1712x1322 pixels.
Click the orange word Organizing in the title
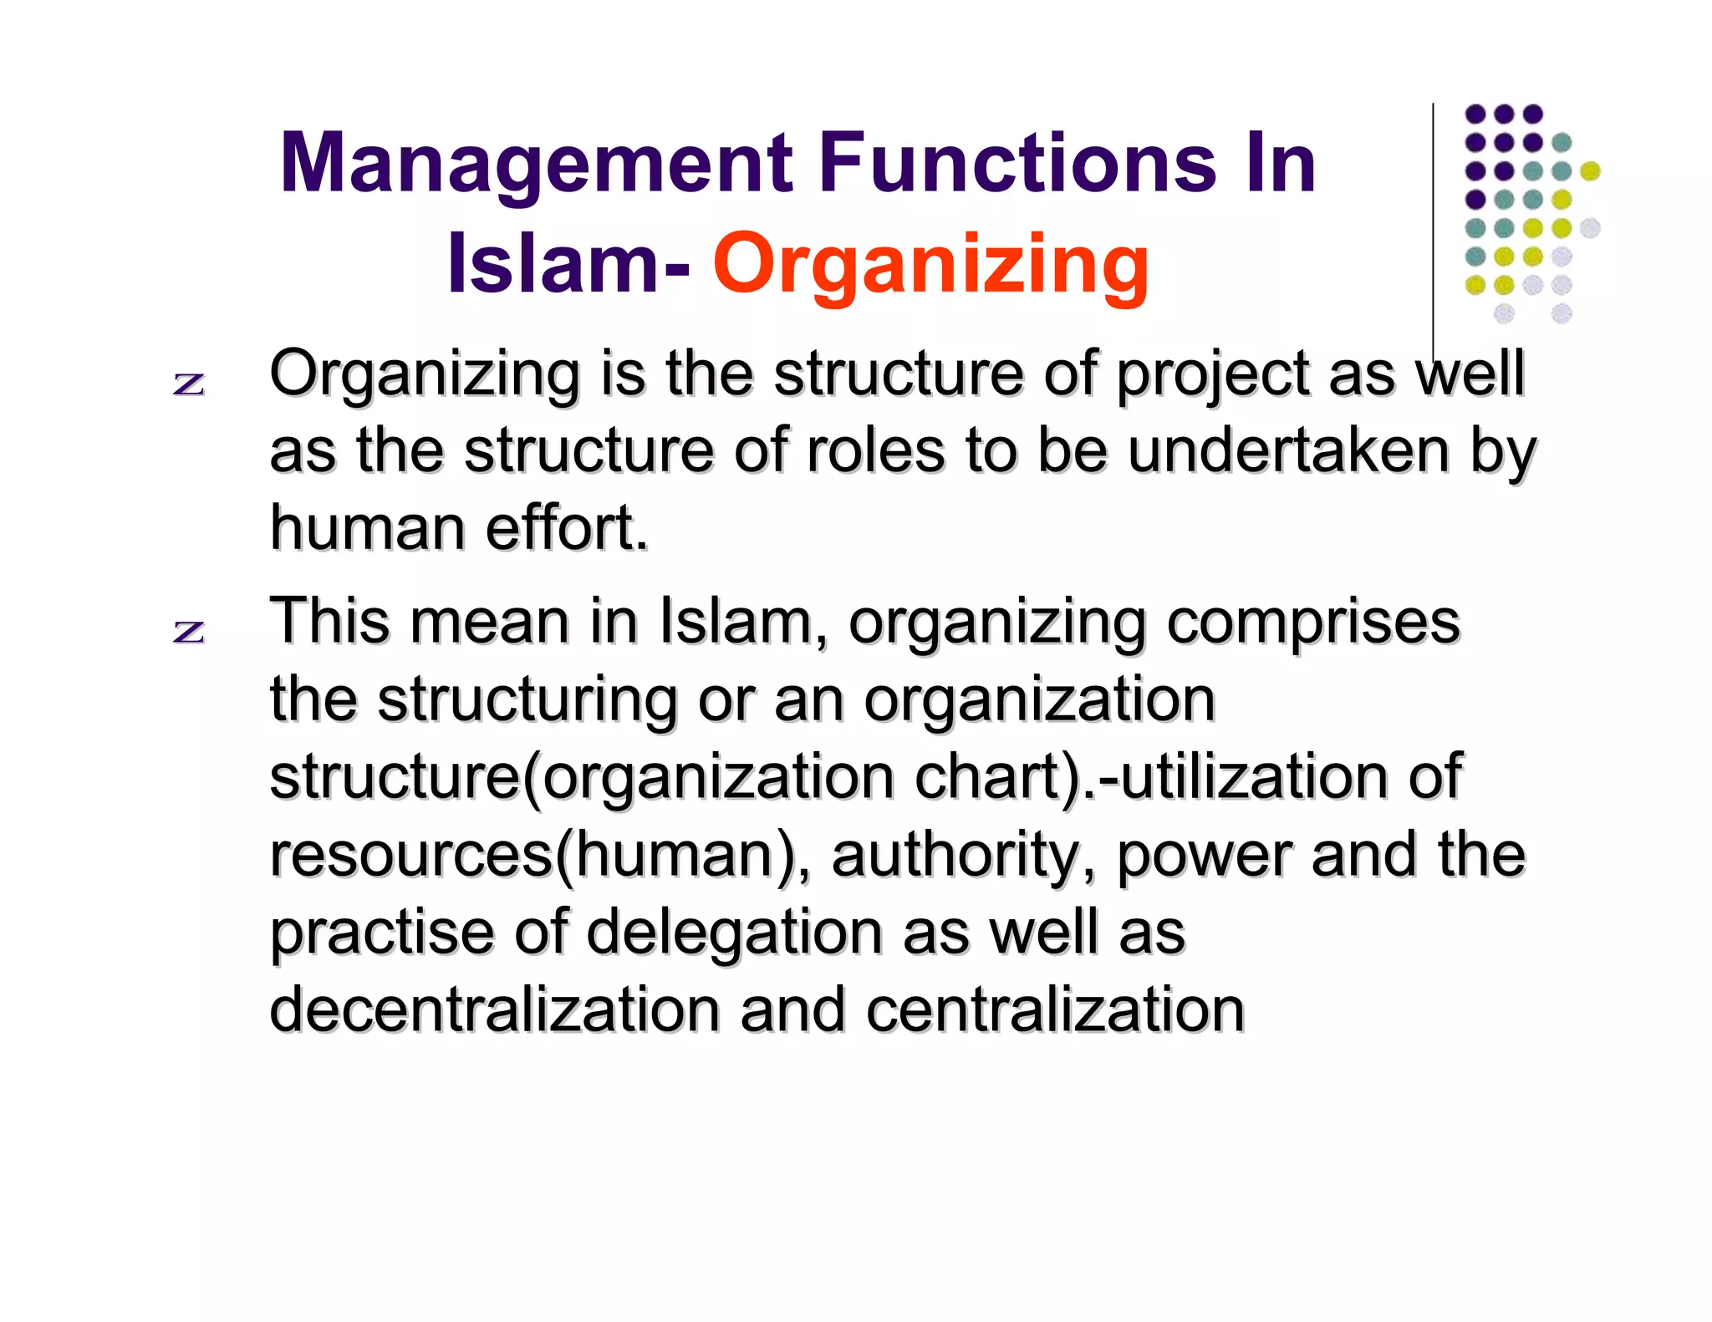point(930,264)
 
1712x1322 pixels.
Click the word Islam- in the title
point(568,264)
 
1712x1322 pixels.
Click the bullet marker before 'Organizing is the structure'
point(189,384)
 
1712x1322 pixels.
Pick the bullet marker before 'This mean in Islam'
point(189,631)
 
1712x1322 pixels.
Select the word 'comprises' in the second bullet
point(1312,623)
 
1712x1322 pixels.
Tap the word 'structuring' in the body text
point(527,699)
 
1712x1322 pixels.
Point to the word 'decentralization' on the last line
point(494,1009)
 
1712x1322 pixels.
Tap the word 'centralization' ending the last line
point(1055,1009)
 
